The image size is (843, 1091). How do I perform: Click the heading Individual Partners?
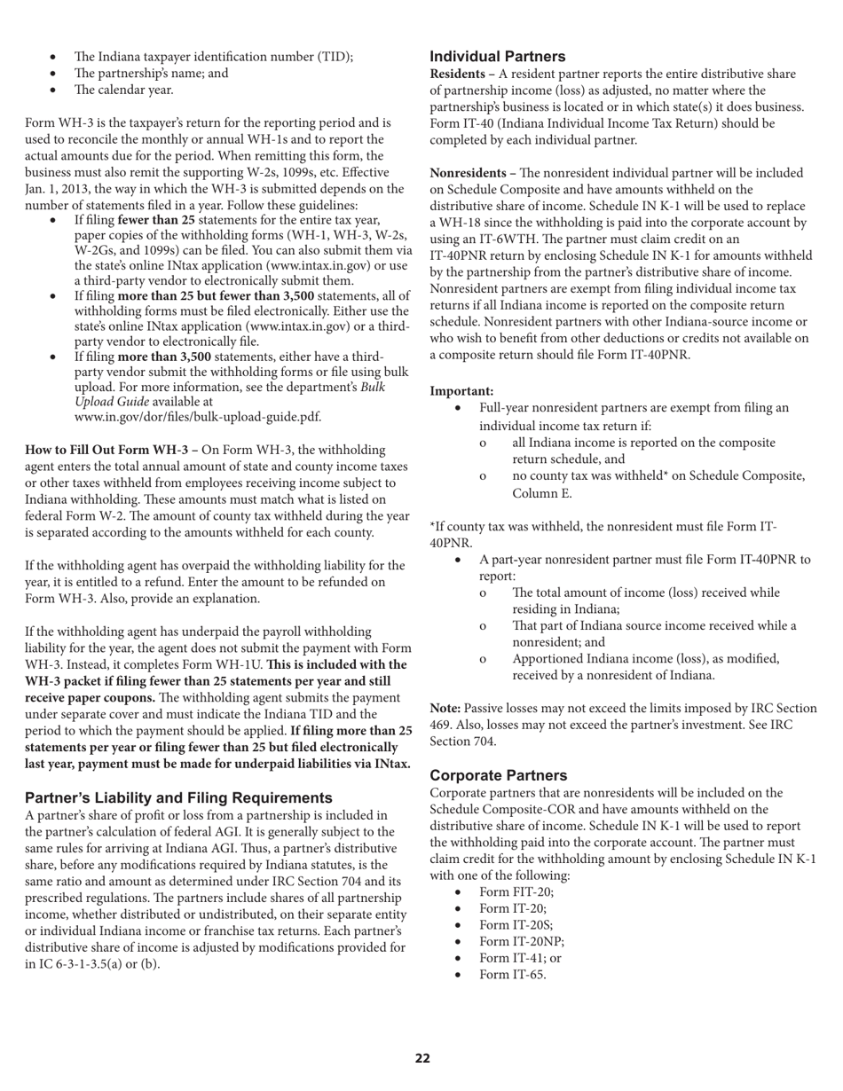pos(498,57)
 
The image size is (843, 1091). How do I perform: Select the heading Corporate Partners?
pos(498,774)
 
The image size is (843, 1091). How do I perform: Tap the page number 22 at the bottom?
pos(422,1058)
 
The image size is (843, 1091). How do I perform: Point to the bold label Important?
pos(461,390)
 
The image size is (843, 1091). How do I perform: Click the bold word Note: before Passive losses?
pos(445,708)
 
